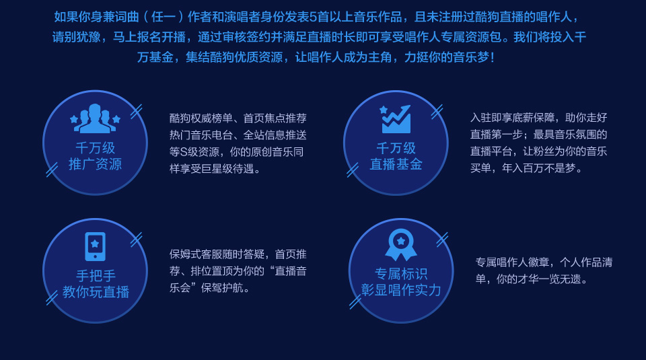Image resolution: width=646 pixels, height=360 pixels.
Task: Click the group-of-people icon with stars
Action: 95,118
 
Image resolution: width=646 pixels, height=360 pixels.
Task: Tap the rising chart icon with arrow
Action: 396,118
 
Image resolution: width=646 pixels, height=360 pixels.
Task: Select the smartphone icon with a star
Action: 95,246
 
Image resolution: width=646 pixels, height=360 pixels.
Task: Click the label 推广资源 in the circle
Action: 95,164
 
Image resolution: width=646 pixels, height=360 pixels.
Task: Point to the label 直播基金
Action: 396,164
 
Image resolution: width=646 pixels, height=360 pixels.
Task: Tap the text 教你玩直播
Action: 96,291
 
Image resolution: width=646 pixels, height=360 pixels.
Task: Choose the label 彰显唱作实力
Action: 401,290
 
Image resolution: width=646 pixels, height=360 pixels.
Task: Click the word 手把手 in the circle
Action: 96,276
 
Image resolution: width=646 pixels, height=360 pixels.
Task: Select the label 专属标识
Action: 401,273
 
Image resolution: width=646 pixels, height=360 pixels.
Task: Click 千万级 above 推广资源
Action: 95,147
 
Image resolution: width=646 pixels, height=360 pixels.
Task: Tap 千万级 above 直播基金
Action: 396,147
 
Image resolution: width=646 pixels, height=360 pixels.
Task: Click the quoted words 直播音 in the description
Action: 291,271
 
